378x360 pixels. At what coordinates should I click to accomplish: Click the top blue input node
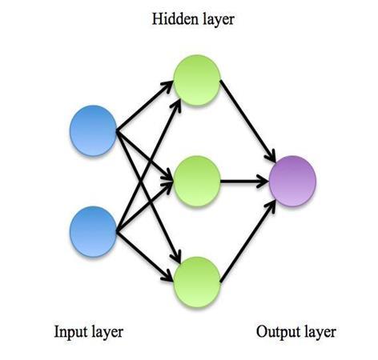tap(93, 130)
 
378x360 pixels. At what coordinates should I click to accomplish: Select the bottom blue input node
tap(93, 231)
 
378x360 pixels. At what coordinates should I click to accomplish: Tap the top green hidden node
tap(197, 80)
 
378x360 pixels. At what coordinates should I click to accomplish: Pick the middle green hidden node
tap(197, 182)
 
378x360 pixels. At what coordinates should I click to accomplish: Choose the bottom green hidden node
tap(197, 282)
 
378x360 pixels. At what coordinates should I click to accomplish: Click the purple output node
tap(293, 182)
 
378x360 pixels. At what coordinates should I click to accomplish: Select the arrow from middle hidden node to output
tap(244, 182)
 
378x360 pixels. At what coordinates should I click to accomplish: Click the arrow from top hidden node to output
tap(247, 121)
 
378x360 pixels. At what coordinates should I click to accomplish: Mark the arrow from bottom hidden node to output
tap(247, 242)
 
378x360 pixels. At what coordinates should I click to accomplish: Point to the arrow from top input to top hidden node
tap(145, 106)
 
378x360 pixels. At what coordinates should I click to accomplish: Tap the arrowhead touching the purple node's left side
tap(263, 182)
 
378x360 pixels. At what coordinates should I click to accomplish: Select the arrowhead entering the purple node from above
tap(270, 155)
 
